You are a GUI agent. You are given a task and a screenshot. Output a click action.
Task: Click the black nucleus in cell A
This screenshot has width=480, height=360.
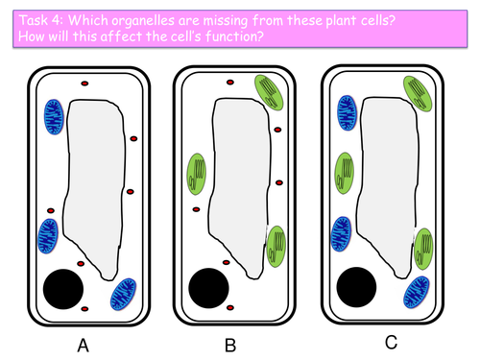pos(64,289)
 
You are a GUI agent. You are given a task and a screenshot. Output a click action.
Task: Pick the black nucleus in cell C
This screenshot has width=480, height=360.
pos(357,286)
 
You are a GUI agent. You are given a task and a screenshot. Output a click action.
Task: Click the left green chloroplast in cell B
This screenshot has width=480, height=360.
pos(200,174)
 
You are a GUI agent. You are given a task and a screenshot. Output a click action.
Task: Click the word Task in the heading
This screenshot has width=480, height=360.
pos(28,12)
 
